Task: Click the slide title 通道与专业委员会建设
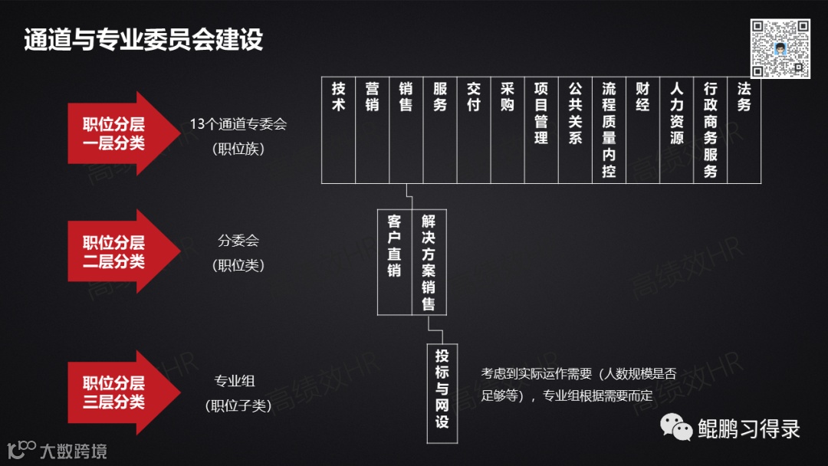pos(143,40)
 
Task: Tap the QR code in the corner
pos(780,48)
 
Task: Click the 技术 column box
pos(338,130)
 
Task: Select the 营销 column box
pos(372,130)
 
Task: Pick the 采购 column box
pos(508,130)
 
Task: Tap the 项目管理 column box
pos(541,130)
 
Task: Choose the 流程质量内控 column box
pos(609,130)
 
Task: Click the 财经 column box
pos(642,130)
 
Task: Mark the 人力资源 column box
pos(676,130)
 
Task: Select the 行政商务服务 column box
pos(710,130)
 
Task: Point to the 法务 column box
pos(744,130)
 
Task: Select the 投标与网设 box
pos(442,392)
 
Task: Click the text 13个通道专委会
pos(238,124)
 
